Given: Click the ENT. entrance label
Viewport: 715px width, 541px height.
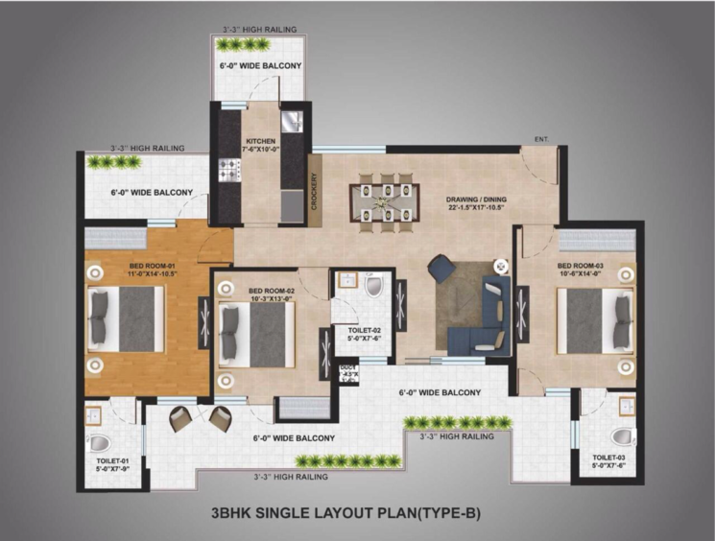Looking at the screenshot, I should coord(541,140).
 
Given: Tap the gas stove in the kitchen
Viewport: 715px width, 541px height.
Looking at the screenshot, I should coord(230,172).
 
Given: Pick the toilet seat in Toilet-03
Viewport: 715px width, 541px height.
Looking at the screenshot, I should coord(623,436).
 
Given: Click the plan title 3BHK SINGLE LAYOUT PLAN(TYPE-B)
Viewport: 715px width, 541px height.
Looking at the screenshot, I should coord(345,513).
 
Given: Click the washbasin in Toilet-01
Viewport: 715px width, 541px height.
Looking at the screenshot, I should coord(94,414).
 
